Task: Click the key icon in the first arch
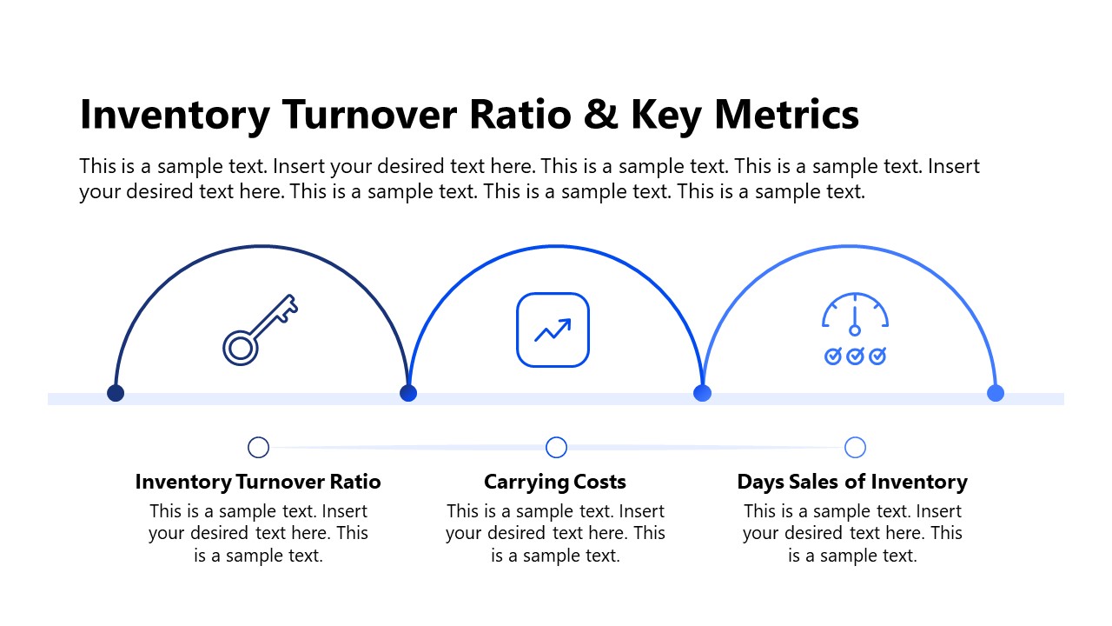pos(260,330)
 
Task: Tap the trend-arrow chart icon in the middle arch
pos(553,330)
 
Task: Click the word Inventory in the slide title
pos(174,116)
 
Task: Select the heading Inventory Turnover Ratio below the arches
pos(258,482)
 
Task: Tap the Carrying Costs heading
pos(555,482)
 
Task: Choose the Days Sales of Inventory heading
pos(852,482)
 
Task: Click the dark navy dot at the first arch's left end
pos(116,393)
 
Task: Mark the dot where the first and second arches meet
pos(408,393)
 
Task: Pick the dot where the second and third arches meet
pos(702,393)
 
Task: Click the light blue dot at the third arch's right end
pos(996,393)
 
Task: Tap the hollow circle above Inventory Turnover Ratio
pos(258,447)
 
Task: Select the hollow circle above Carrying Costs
pos(556,447)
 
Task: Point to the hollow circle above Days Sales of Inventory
pos(855,447)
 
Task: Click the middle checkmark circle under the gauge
pos(855,356)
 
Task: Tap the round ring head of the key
pos(240,348)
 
